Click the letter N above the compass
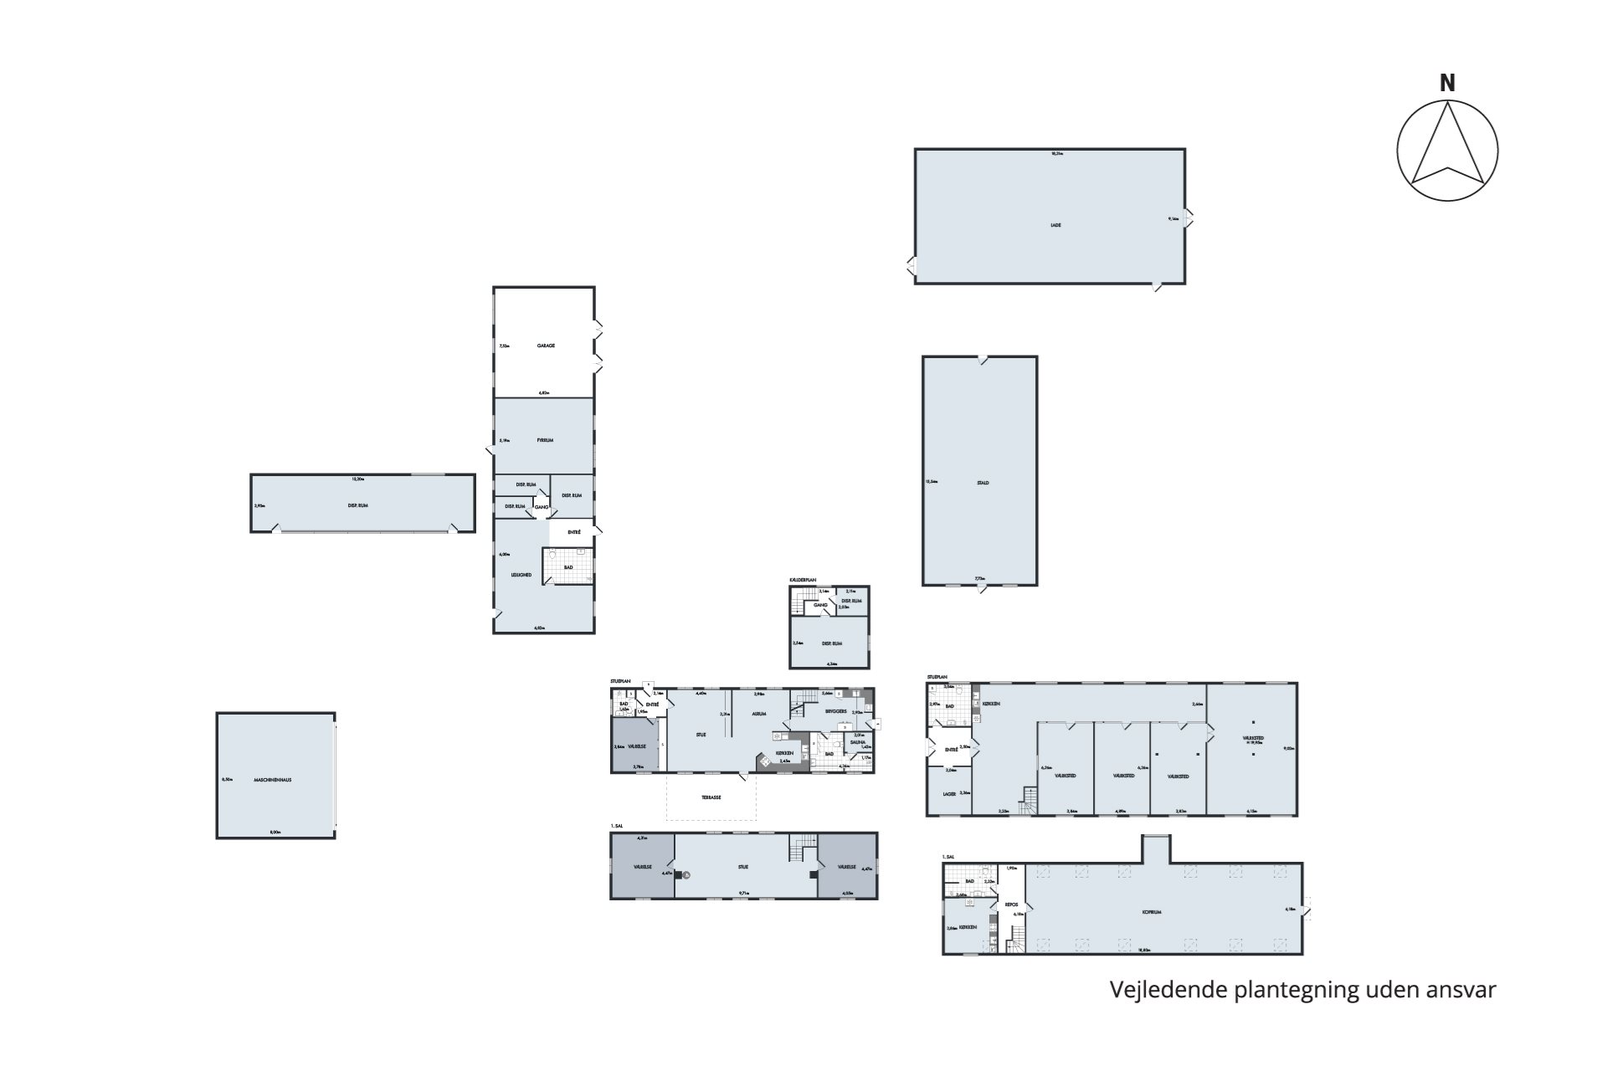point(1447,84)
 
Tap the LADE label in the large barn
point(1055,225)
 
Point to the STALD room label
point(983,483)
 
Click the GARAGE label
point(545,346)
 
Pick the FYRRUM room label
point(545,440)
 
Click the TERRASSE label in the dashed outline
point(711,797)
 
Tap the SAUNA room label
point(859,741)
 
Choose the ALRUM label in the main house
point(759,715)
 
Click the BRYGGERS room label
point(836,711)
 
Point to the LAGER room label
point(949,794)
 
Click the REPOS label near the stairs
point(1011,904)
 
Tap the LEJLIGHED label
point(521,575)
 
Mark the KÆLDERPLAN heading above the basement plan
point(802,580)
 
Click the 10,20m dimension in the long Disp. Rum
point(357,479)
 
